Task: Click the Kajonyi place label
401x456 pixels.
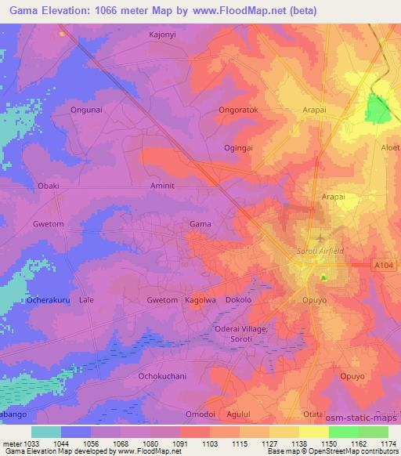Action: tap(162, 35)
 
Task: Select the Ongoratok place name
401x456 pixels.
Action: tap(239, 111)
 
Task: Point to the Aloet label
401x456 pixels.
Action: tap(389, 148)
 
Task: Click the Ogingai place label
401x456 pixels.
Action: tap(238, 148)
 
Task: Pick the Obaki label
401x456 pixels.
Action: tap(49, 186)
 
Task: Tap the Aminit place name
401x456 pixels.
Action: tap(163, 186)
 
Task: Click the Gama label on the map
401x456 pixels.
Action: tap(200, 224)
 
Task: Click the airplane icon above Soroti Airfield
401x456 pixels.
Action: tap(320, 237)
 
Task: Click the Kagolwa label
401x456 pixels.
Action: tap(200, 300)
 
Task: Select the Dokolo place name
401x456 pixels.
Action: tap(240, 300)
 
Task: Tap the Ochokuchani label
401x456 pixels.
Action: tap(162, 376)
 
